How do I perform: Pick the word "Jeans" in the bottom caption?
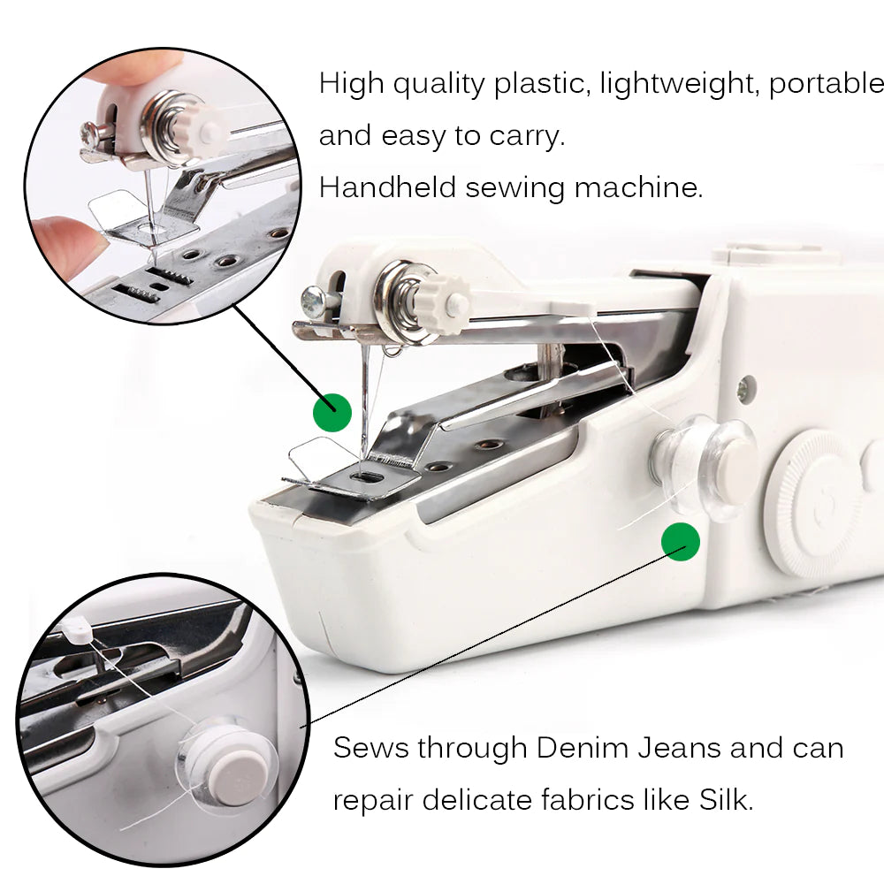click(680, 749)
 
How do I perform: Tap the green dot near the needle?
click(332, 412)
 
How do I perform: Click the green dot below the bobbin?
click(681, 541)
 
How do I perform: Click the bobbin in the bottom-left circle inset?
click(223, 762)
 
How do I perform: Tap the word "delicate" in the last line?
click(476, 800)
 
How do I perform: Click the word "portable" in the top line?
click(825, 85)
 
